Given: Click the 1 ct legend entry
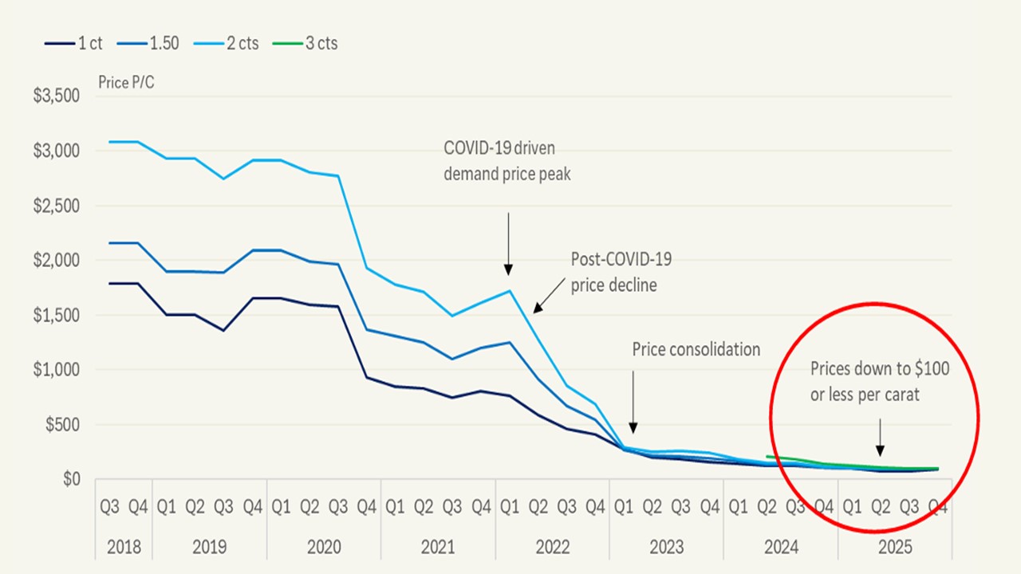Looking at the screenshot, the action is pos(73,43).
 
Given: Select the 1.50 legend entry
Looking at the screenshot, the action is pos(148,43).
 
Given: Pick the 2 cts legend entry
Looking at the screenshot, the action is pos(226,43).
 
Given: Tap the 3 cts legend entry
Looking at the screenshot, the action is pos(305,43).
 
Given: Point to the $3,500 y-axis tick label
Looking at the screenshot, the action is pos(57,96).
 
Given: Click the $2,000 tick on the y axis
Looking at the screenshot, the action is pos(57,260).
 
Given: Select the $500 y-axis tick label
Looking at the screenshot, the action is pos(62,425).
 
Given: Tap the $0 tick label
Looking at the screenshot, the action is pos(72,479).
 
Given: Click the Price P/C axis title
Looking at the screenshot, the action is pos(126,82).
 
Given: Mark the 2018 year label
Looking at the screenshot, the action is pos(124,547).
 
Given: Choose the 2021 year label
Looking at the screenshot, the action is pos(438,547).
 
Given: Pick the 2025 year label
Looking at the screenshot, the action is pos(895,547).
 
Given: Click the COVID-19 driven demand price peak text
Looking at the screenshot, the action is pos(507,161).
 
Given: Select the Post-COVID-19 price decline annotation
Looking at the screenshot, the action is pos(621,272).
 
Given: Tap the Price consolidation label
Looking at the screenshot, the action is pos(696,349).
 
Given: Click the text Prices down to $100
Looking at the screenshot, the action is pos(880,368).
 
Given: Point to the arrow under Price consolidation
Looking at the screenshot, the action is pos(633,402).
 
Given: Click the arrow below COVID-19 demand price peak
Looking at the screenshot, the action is pos(508,244).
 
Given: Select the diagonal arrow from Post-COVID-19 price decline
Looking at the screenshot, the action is pos(550,296).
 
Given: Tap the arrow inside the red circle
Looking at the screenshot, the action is pos(880,438).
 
